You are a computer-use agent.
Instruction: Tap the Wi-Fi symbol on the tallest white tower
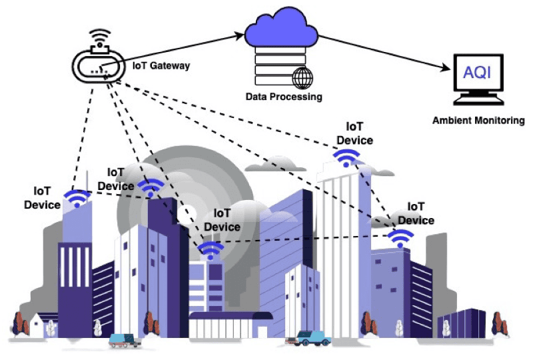346,158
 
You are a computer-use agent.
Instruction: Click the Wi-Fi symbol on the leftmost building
77,198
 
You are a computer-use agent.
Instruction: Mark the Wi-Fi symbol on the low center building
211,250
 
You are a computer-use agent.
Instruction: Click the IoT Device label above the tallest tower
354,133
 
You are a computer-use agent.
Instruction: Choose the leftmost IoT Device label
43,199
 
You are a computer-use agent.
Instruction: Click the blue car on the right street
310,337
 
